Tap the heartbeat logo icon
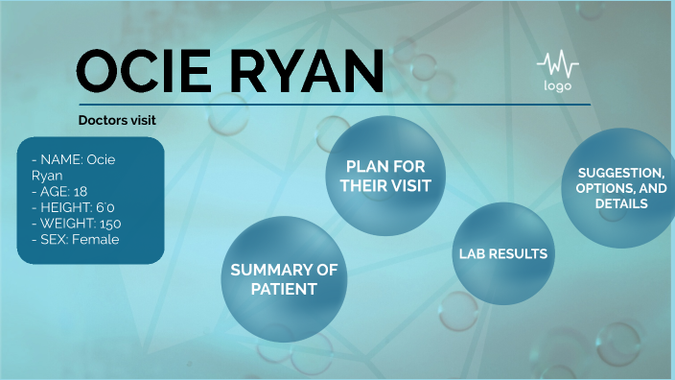558,66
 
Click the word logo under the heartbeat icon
558,86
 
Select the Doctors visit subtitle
117,120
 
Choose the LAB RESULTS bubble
503,254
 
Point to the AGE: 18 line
58,191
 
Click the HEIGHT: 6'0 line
73,207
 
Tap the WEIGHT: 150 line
75,224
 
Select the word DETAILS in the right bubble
619,204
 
